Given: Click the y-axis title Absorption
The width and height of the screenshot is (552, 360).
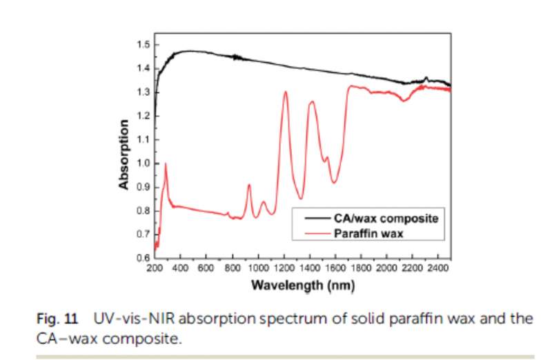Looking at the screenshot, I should click(124, 154).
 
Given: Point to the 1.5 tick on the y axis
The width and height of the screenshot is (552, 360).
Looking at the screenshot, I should click(144, 45).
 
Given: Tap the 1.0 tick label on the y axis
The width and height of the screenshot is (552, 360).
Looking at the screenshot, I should click(144, 163).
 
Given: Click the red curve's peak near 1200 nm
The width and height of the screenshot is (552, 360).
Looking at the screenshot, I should click(285, 92).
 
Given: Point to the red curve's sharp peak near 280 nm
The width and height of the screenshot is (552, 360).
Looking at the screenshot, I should click(166, 163).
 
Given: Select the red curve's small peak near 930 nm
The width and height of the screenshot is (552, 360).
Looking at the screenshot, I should click(249, 184).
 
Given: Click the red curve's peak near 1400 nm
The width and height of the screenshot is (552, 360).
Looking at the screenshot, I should click(312, 101).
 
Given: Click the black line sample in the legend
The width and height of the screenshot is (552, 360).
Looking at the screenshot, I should click(313, 217).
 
